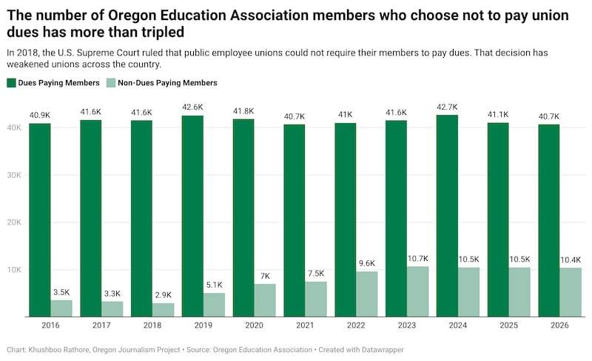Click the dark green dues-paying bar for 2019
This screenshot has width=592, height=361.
point(192,216)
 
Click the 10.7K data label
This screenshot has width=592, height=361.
point(417,259)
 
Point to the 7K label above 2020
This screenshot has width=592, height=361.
point(265,276)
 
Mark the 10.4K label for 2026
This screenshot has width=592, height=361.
point(570,261)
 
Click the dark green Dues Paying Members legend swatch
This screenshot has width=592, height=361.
point(11,83)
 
